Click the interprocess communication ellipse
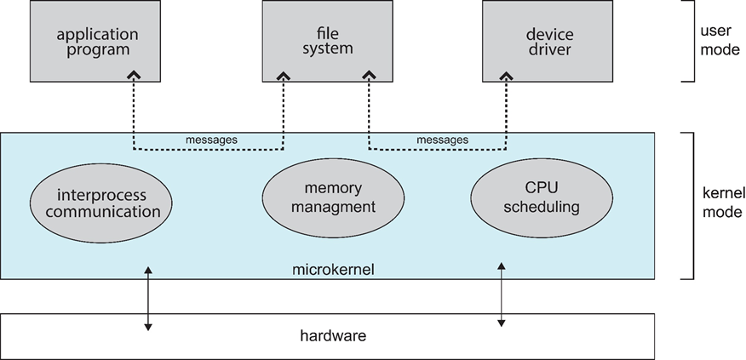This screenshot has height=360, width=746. pos(100,202)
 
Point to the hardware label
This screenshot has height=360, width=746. pos(333,335)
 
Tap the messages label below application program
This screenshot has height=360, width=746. pos(210,140)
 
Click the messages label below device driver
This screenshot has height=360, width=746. pos(443,140)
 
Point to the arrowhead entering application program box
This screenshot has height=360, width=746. pos(133,77)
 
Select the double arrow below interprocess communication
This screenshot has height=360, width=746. pos(149,298)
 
